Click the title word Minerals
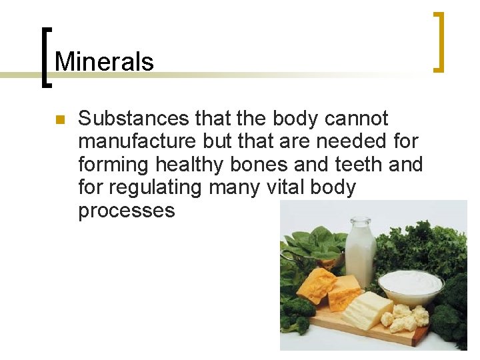[104, 61]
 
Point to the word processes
[127, 211]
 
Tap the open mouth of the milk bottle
[360, 221]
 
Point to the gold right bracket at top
[438, 41]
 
